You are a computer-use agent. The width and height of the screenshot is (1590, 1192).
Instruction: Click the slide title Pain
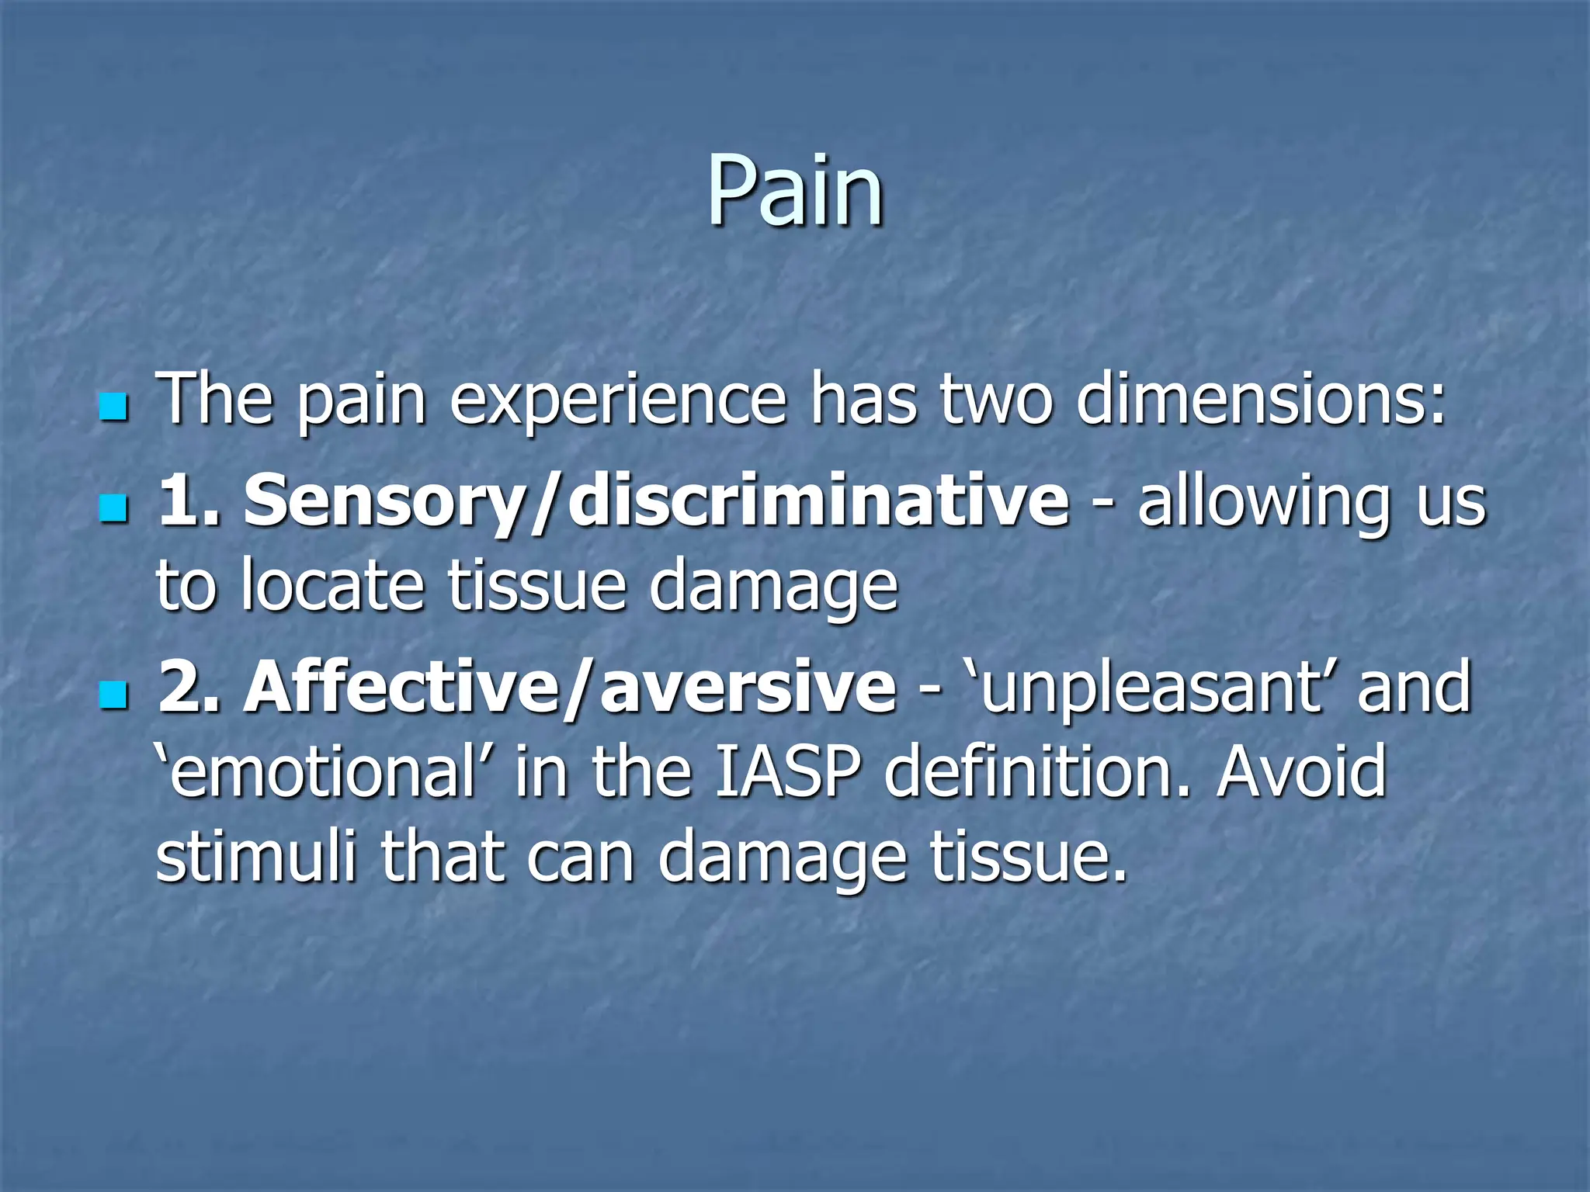pos(795,190)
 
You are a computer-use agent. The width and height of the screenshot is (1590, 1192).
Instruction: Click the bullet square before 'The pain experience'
pos(113,406)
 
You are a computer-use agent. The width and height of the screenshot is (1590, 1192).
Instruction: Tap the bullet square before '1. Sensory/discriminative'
pos(113,510)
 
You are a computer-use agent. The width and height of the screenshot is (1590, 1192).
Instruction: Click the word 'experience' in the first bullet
pos(618,401)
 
